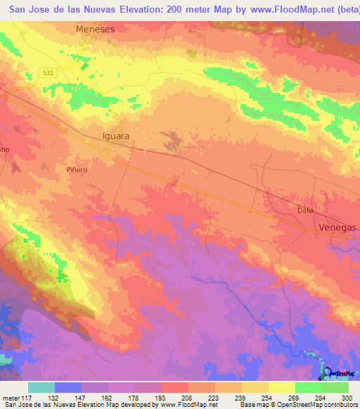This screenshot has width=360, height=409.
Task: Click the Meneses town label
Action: click(95, 30)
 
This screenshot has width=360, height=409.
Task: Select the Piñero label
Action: click(76, 170)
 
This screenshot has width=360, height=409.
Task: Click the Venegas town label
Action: click(337, 228)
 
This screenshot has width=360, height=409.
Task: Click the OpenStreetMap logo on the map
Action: click(336, 373)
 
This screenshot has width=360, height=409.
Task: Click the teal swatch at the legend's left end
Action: click(41, 388)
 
